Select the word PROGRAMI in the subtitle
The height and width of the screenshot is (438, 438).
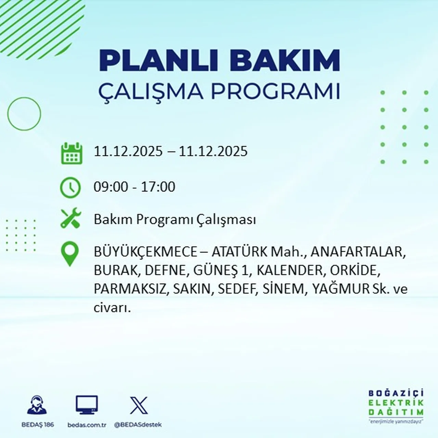coord(275,91)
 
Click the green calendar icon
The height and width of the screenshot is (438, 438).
coord(72,153)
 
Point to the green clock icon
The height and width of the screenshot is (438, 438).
coord(70,188)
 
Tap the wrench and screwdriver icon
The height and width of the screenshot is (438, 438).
coord(70,219)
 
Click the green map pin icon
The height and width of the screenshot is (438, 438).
coord(70,254)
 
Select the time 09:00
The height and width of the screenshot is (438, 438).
coord(111,187)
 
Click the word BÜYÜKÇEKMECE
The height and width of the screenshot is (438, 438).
coord(145,252)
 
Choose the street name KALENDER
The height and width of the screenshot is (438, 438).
coord(289,270)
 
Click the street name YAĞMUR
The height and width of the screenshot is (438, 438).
coord(340,289)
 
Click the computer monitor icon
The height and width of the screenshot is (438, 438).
coord(87,405)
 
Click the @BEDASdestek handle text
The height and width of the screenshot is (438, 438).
coord(138,425)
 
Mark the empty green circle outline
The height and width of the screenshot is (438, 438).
coord(24,114)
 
